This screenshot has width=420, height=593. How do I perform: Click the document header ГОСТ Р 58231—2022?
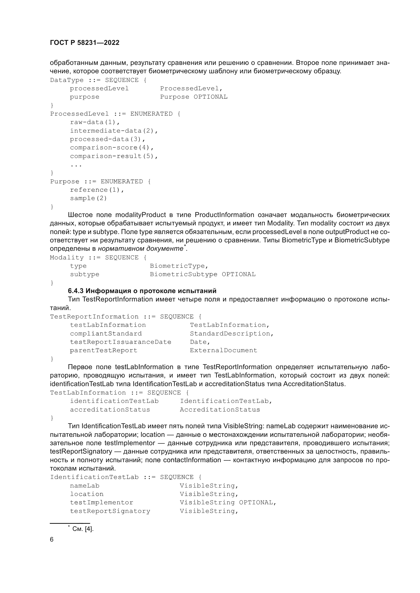[85, 43]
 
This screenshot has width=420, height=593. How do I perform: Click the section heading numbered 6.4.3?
[142, 291]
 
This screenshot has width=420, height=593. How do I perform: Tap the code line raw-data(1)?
[95, 122]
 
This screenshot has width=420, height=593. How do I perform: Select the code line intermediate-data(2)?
[114, 131]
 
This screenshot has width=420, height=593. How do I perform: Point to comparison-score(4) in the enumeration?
[112, 148]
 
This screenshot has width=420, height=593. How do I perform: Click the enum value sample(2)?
[88, 198]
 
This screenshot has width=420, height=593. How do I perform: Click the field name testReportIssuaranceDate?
[121, 342]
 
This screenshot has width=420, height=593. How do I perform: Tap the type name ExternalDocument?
[223, 350]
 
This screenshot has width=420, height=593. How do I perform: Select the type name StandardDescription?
[232, 333]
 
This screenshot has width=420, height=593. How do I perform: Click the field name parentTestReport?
[103, 350]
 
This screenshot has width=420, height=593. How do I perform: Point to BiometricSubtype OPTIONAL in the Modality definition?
[202, 274]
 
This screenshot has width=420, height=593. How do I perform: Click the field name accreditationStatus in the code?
[110, 410]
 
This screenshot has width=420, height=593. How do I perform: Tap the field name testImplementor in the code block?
[102, 502]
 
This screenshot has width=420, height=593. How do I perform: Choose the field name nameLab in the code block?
[85, 486]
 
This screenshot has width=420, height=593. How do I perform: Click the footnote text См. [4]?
[83, 529]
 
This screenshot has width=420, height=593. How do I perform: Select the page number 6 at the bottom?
[52, 540]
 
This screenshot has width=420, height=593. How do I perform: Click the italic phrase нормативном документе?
[140, 249]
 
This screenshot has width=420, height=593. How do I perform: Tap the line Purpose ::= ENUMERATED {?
[100, 182]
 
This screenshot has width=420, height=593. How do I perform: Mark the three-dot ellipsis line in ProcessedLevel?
[76, 165]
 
